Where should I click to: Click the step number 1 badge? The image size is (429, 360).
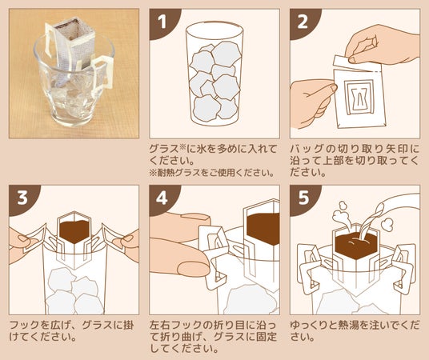pyautogui.click(x=163, y=22)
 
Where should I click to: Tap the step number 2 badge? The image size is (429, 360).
pyautogui.click(x=303, y=22)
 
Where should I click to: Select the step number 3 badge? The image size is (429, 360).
pyautogui.click(x=22, y=198)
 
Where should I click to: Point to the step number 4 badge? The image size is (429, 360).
pyautogui.click(x=162, y=198)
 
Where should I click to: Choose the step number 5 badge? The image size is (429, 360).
pyautogui.click(x=303, y=198)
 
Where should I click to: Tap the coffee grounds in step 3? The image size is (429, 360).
pyautogui.click(x=74, y=231)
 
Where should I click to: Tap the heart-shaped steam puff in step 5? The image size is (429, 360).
pyautogui.click(x=387, y=225)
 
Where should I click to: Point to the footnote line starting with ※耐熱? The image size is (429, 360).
pyautogui.click(x=212, y=173)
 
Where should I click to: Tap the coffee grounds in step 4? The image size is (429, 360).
pyautogui.click(x=263, y=229)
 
